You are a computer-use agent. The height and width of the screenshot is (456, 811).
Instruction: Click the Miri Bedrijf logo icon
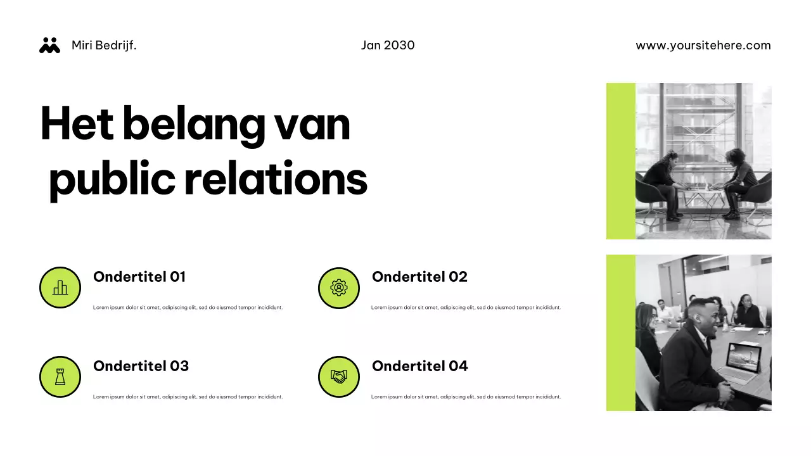[x=49, y=45]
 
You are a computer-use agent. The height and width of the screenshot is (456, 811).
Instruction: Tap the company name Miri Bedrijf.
[x=104, y=46]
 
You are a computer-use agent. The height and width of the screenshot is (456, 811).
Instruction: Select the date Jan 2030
[x=388, y=46]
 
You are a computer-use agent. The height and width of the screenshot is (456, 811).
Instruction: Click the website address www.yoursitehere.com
[x=703, y=46]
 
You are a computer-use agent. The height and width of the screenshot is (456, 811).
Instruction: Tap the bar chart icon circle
[x=60, y=288]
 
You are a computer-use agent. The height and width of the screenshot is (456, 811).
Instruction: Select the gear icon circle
[x=339, y=288]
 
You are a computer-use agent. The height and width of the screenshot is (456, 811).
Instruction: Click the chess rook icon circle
[x=60, y=377]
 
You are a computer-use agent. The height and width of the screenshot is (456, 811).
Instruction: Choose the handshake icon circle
[x=339, y=377]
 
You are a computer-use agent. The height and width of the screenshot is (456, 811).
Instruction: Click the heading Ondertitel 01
[x=139, y=277]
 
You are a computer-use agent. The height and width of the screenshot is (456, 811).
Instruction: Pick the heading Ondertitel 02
[x=419, y=277]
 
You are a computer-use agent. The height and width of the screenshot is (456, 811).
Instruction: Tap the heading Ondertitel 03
[x=141, y=366]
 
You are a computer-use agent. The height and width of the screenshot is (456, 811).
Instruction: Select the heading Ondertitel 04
[x=419, y=366]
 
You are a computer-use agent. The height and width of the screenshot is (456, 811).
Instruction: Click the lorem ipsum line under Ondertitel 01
[x=188, y=308]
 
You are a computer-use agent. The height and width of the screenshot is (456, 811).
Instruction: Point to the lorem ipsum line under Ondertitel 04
[x=466, y=397]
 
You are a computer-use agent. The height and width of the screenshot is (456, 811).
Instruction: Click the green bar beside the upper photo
[x=621, y=161]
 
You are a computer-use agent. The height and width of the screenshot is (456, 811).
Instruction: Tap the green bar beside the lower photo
[x=621, y=332]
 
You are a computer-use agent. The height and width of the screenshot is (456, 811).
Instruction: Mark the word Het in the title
[x=77, y=125]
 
